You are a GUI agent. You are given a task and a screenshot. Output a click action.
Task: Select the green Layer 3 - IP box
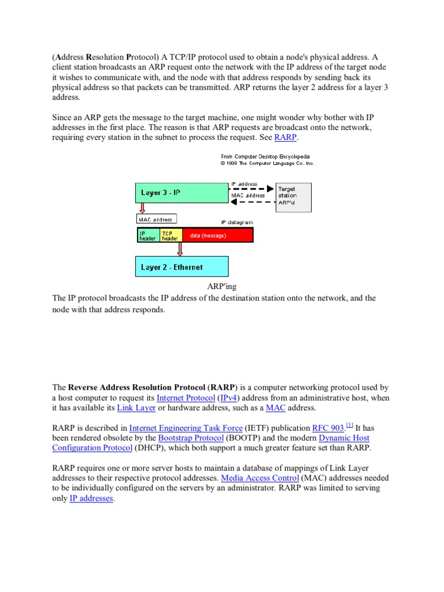click(x=182, y=193)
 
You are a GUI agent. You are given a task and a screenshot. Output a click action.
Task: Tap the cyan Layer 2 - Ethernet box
click(x=182, y=267)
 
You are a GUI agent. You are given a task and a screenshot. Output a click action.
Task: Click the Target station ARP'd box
click(x=293, y=197)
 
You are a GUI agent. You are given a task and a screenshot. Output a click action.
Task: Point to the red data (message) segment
click(x=217, y=235)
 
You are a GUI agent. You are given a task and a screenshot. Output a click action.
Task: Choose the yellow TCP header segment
click(x=171, y=235)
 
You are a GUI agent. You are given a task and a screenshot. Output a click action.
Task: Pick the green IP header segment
click(x=147, y=235)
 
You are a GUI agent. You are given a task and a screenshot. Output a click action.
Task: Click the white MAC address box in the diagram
click(x=157, y=219)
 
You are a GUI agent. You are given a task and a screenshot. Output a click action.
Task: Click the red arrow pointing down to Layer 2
click(x=180, y=249)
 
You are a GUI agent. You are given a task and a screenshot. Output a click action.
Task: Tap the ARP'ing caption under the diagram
click(x=222, y=286)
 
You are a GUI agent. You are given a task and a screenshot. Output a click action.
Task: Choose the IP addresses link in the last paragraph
click(x=91, y=498)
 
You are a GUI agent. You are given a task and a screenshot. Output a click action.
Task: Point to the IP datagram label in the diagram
click(x=236, y=222)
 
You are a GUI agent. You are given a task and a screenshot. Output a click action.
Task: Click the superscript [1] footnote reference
click(x=349, y=425)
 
